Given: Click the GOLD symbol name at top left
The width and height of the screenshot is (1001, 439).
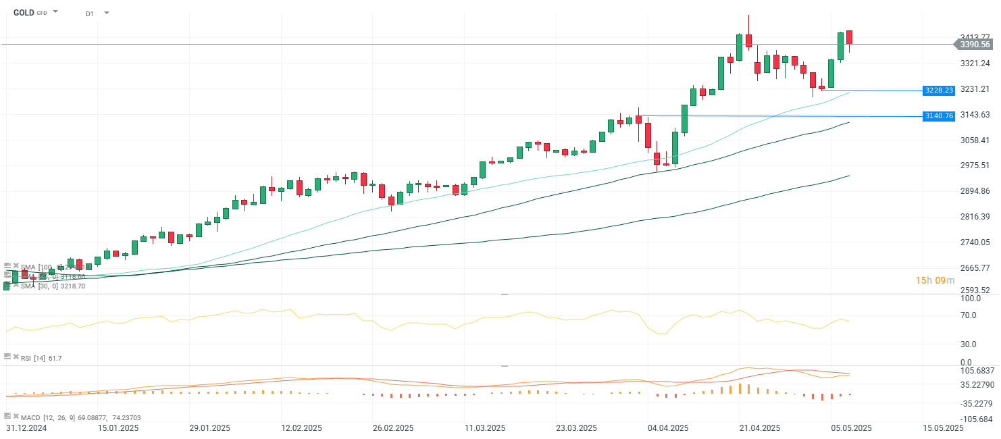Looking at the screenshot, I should [x=23, y=12].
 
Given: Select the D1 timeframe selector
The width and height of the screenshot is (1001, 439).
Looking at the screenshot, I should [x=90, y=14].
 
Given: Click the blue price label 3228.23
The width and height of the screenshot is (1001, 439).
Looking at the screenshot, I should [x=939, y=91].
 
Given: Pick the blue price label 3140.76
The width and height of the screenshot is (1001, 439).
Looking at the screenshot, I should [x=939, y=116].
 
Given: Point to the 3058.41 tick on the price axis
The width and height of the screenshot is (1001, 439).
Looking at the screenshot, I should [x=975, y=140].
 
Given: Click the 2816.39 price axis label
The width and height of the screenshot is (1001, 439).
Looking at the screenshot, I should [x=975, y=217].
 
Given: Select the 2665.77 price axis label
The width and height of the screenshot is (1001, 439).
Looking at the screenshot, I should [x=975, y=268].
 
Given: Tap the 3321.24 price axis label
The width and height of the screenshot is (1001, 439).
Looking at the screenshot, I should [x=975, y=63].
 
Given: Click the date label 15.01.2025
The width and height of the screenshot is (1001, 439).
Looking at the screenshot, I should [x=118, y=428].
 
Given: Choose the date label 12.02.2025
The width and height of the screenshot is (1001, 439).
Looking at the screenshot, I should [x=302, y=428].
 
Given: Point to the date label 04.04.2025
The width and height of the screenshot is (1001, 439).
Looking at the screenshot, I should [x=668, y=428].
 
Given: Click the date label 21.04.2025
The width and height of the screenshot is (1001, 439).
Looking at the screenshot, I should [x=760, y=428].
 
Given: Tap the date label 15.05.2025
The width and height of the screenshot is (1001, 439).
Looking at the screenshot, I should [x=943, y=428].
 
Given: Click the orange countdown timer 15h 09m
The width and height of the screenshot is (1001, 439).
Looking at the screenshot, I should [x=935, y=281].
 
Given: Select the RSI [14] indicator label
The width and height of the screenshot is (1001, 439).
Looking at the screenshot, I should [x=35, y=358].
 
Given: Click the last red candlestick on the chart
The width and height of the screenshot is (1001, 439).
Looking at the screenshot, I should [x=849, y=38].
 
